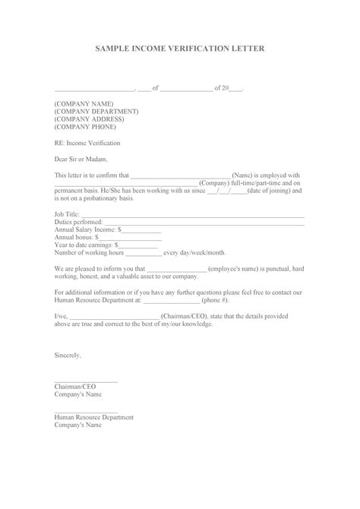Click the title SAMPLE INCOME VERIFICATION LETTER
[x=180, y=47]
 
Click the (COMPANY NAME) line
[x=84, y=103]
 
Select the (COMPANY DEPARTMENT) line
[x=96, y=111]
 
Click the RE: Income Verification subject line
[x=87, y=142]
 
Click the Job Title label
[x=68, y=216]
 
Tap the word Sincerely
[x=68, y=354]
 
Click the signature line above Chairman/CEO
[x=86, y=381]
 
